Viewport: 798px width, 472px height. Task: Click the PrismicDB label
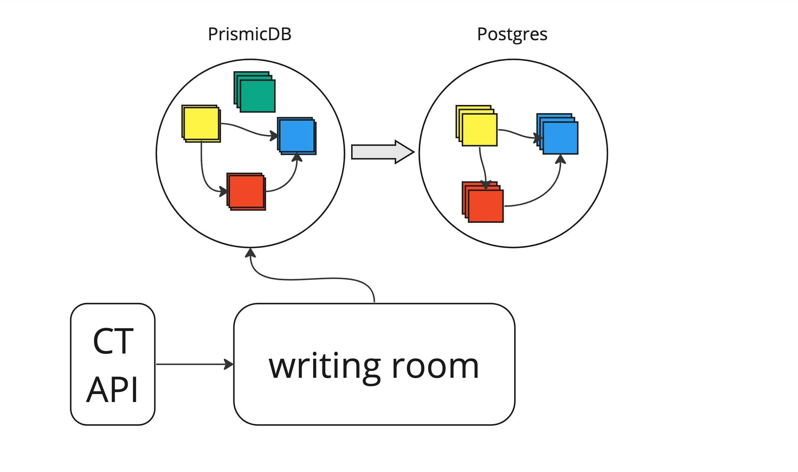[249, 34]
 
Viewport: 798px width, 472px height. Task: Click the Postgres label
[512, 34]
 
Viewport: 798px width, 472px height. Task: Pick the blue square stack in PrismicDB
[296, 136]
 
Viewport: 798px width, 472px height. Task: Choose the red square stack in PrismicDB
[246, 192]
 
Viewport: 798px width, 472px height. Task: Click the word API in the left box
[112, 389]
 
